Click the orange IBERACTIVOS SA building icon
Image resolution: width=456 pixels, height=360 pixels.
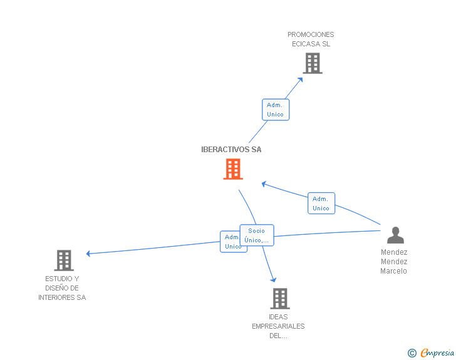click(233, 169)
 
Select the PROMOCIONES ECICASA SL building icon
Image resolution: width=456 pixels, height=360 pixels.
click(312, 63)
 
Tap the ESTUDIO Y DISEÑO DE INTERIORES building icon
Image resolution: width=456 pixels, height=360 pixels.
click(64, 260)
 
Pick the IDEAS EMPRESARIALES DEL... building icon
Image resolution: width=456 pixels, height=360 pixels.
click(279, 299)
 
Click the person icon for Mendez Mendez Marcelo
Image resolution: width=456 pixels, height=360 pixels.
click(395, 235)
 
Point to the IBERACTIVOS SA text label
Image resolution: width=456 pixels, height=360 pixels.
click(231, 150)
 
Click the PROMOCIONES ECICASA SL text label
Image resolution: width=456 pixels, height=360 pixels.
click(311, 39)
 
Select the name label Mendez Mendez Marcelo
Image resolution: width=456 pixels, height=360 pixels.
click(394, 262)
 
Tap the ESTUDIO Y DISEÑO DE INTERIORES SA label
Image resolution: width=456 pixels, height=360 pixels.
click(62, 288)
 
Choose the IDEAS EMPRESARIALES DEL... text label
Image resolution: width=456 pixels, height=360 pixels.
click(278, 326)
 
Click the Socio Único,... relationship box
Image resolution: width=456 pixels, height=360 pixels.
click(257, 235)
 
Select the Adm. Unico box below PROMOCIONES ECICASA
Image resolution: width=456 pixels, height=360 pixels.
click(276, 110)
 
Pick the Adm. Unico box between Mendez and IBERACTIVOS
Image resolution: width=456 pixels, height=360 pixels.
click(321, 203)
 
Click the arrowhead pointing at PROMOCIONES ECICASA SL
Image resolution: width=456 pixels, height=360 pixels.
click(300, 79)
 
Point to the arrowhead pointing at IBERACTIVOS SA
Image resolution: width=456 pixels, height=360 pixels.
click(264, 184)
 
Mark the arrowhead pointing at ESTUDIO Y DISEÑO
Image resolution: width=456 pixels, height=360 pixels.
click(89, 254)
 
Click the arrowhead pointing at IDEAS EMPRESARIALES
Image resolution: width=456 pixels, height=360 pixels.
click(272, 279)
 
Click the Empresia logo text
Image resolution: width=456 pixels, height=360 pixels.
click(437, 353)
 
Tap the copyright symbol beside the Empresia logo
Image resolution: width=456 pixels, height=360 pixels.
click(412, 354)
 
